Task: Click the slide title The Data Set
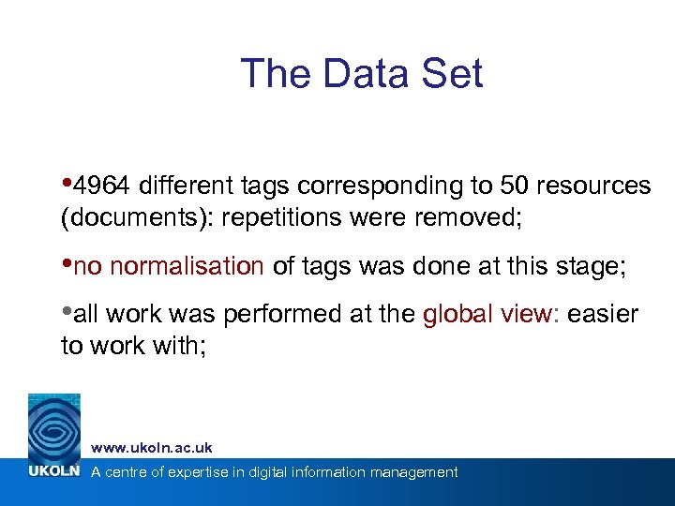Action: tap(362, 74)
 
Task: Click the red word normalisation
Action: tap(187, 267)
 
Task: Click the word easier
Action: tap(604, 315)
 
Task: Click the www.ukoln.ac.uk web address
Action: tap(152, 448)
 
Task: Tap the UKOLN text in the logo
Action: tap(54, 471)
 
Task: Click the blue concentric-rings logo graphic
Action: tap(54, 426)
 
